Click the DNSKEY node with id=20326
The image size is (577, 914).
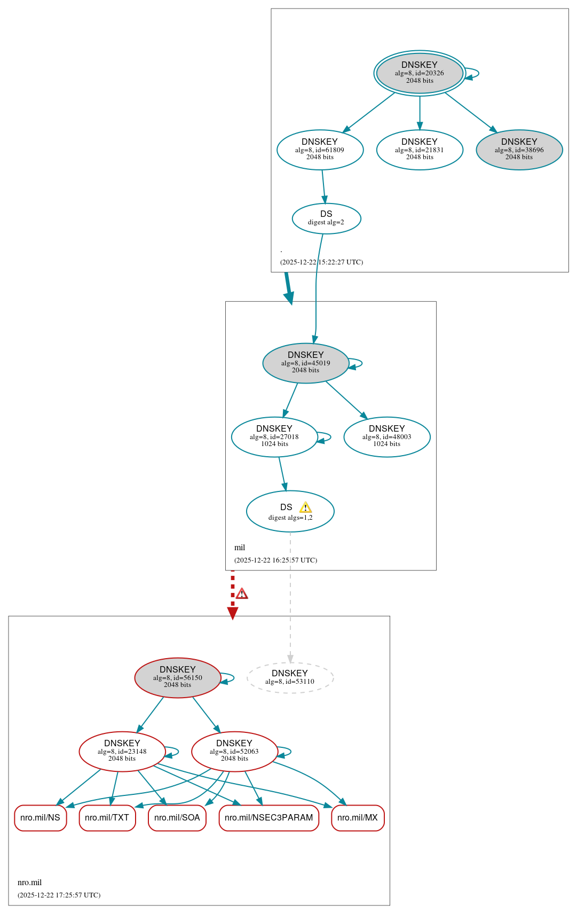420,73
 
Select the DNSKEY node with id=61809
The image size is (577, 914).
320,150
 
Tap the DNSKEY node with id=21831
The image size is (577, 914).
420,150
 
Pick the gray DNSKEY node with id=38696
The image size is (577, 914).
519,150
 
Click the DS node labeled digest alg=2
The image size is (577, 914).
326,218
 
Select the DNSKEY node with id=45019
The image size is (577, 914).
305,363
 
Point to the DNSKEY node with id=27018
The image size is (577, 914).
274,436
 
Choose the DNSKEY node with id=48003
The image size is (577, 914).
386,436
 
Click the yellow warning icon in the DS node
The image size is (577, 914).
305,507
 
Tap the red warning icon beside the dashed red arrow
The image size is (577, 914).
242,593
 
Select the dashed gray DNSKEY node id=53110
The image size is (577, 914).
290,677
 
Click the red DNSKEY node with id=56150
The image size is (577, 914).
177,677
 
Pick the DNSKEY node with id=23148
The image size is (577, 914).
122,751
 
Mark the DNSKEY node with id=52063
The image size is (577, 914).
234,751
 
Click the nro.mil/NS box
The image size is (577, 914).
40,818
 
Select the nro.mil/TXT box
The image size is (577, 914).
107,818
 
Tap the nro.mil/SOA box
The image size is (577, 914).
177,818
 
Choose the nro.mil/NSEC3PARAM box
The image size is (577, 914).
268,818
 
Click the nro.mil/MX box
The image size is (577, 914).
357,818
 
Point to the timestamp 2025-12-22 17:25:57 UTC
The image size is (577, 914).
59,895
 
